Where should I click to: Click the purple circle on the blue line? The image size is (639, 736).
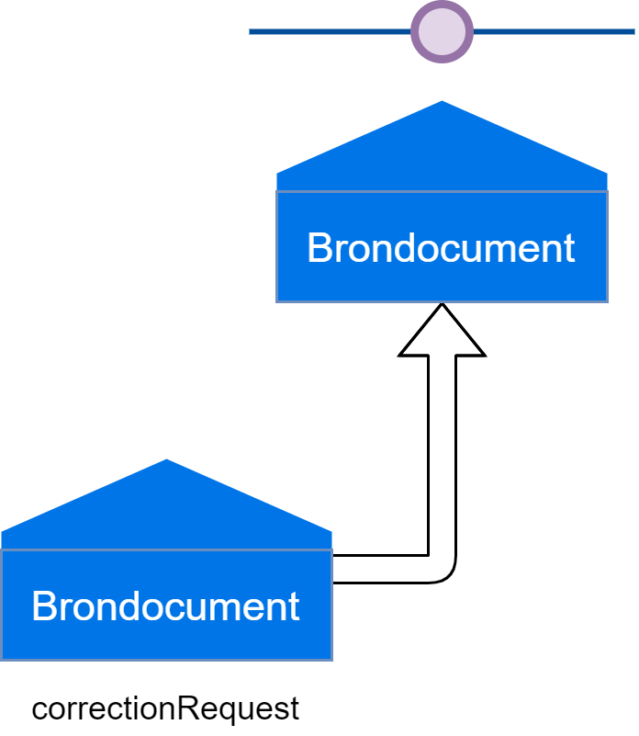(x=443, y=31)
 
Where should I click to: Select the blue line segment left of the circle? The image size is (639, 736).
(x=331, y=31)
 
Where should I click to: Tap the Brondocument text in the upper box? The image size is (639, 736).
(x=441, y=248)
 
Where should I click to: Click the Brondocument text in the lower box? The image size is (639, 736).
(x=165, y=606)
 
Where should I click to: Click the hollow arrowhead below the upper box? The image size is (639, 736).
(x=443, y=333)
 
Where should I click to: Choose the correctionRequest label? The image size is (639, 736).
(x=165, y=708)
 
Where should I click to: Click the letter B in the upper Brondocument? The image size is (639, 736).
(x=319, y=248)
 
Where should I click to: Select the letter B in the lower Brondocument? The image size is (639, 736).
(x=43, y=606)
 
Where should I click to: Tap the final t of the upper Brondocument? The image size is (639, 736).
(x=569, y=248)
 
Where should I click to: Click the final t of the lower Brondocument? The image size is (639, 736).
(x=294, y=606)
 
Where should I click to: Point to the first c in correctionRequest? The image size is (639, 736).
(x=39, y=710)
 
